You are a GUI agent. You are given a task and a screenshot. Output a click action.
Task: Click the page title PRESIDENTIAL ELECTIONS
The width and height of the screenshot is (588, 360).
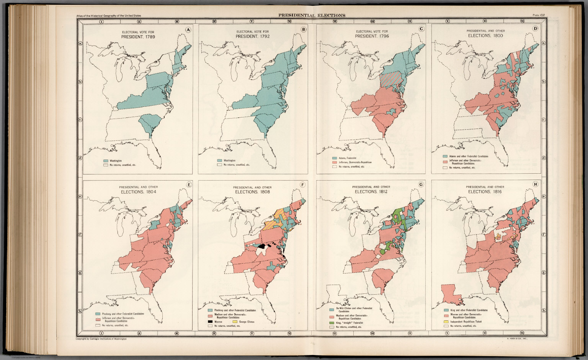312,15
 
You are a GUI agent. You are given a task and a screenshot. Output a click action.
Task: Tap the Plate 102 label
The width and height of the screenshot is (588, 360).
539,15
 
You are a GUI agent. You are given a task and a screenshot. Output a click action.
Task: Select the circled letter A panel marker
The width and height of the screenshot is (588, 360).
188,29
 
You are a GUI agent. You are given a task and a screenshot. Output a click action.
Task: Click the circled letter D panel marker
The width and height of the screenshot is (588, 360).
535,28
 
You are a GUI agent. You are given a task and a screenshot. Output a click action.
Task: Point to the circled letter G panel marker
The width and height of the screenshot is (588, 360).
421,185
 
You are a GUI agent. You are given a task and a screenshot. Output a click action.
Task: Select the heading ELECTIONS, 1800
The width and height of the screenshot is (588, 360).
485,36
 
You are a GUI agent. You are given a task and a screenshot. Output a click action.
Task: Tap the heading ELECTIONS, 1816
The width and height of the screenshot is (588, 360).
485,192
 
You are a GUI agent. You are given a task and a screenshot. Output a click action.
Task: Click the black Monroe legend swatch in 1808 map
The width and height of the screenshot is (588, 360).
210,322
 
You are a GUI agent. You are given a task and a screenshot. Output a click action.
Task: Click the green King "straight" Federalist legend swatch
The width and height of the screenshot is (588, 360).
332,323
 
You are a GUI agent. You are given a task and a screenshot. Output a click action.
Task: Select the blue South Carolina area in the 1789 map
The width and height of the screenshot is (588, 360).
147,122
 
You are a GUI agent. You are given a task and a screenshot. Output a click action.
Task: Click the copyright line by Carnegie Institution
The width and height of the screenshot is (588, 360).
101,339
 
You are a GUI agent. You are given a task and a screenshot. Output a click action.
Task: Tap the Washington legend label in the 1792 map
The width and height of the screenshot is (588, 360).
230,161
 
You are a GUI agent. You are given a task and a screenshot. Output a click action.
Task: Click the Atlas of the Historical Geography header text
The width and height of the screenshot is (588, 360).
108,16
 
